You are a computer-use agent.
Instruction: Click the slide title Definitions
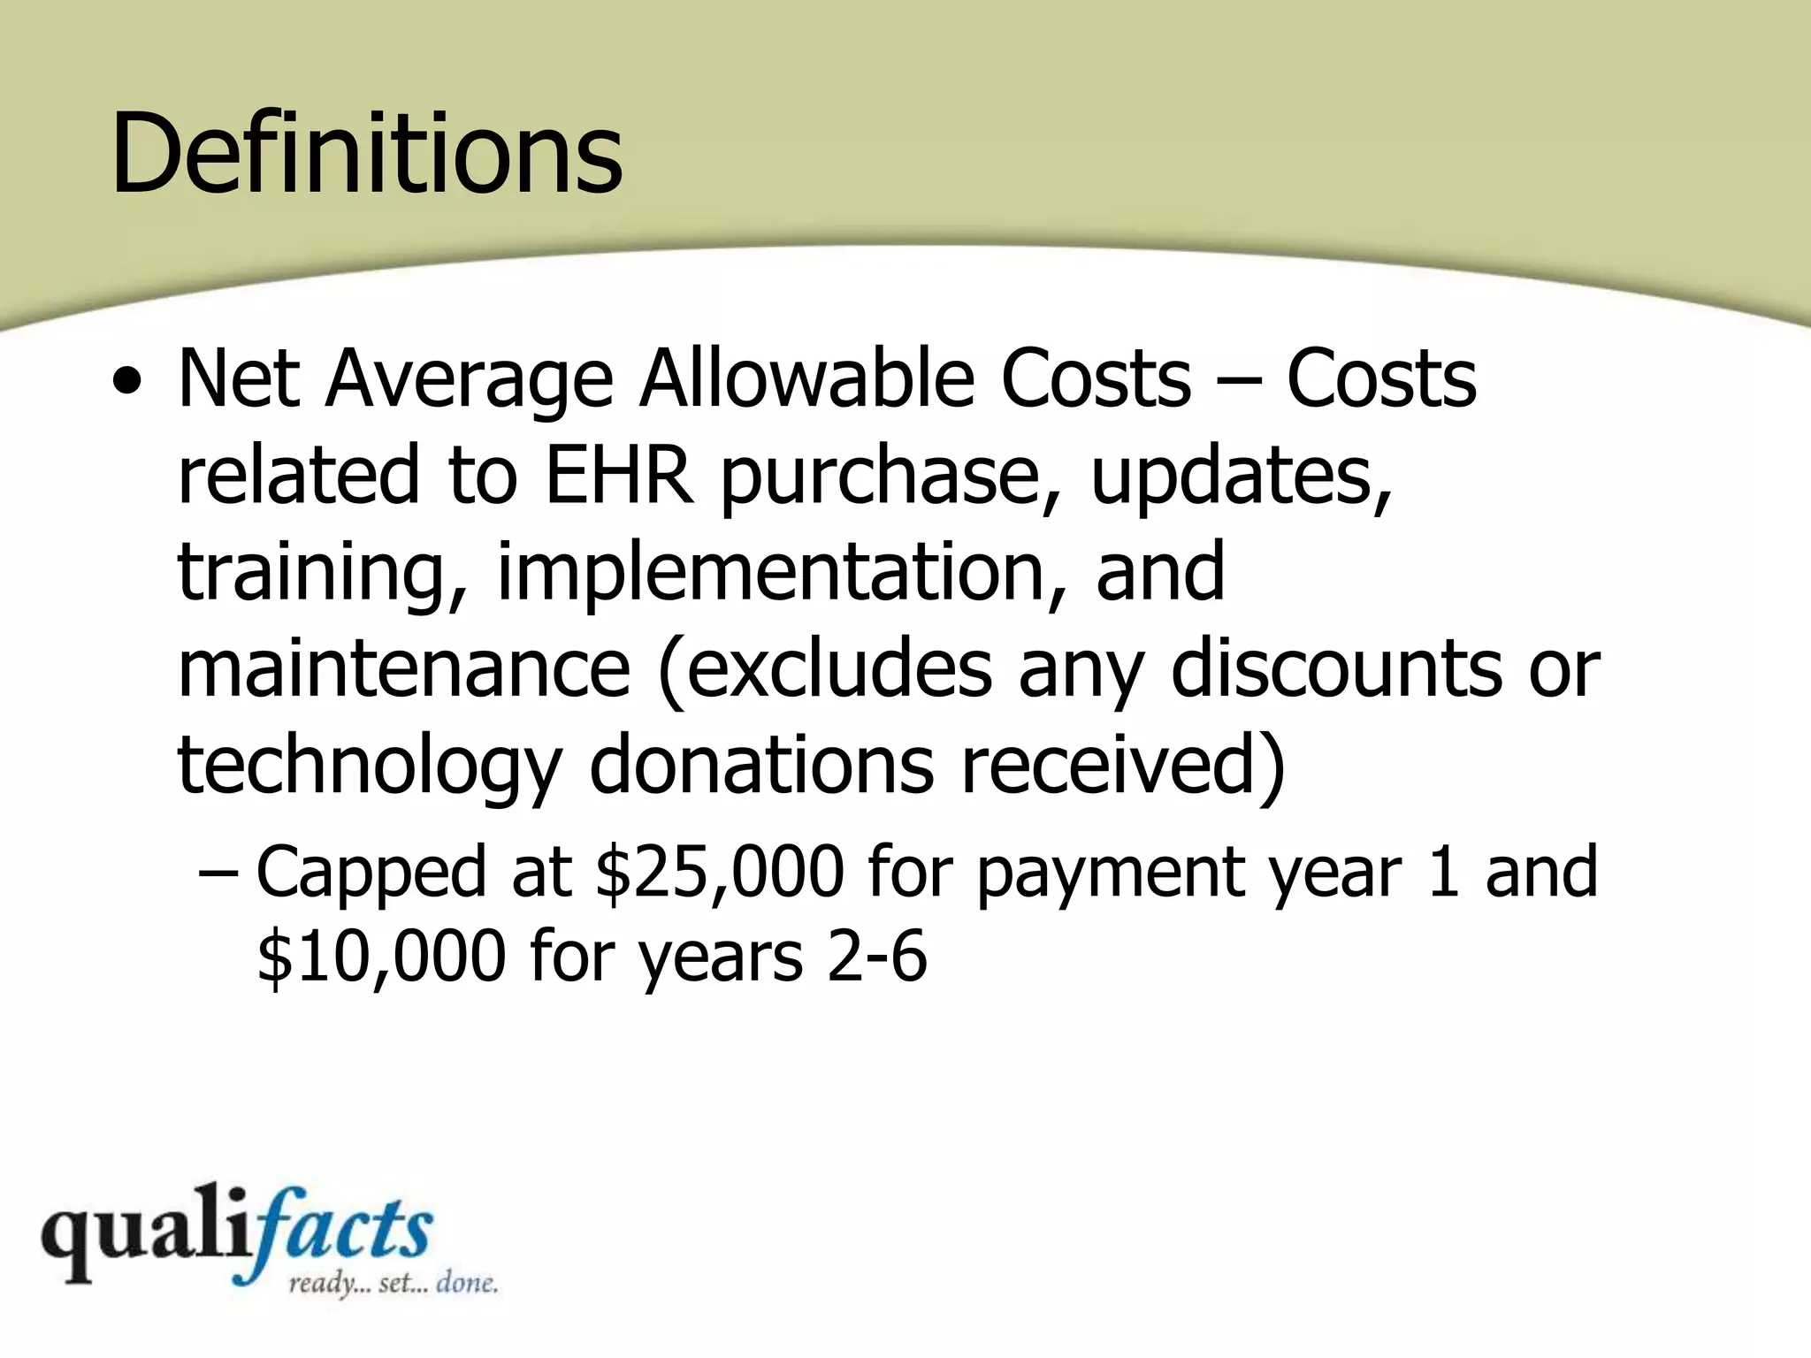(x=367, y=152)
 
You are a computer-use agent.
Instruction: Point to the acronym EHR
(x=618, y=475)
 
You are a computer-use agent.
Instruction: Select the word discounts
(x=1336, y=669)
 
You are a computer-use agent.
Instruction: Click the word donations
(x=761, y=765)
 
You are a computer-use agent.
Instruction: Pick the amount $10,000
(x=381, y=957)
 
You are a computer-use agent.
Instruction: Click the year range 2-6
(x=877, y=957)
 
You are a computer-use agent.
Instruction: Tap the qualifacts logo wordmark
(x=237, y=1233)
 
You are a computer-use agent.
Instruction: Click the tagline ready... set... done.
(x=393, y=1283)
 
